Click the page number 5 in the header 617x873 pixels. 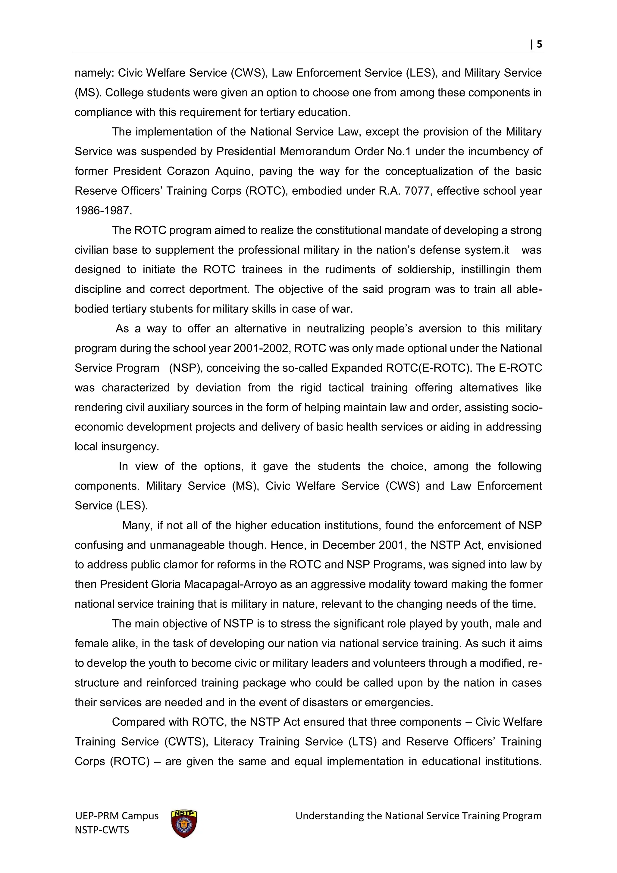click(x=539, y=45)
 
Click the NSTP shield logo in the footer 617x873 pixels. click(x=184, y=824)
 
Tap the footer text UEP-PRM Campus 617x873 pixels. click(x=117, y=816)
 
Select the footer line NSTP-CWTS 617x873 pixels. click(x=102, y=830)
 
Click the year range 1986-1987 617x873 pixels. click(x=103, y=211)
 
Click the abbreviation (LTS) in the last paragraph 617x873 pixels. click(x=362, y=742)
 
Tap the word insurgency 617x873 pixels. click(x=130, y=446)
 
